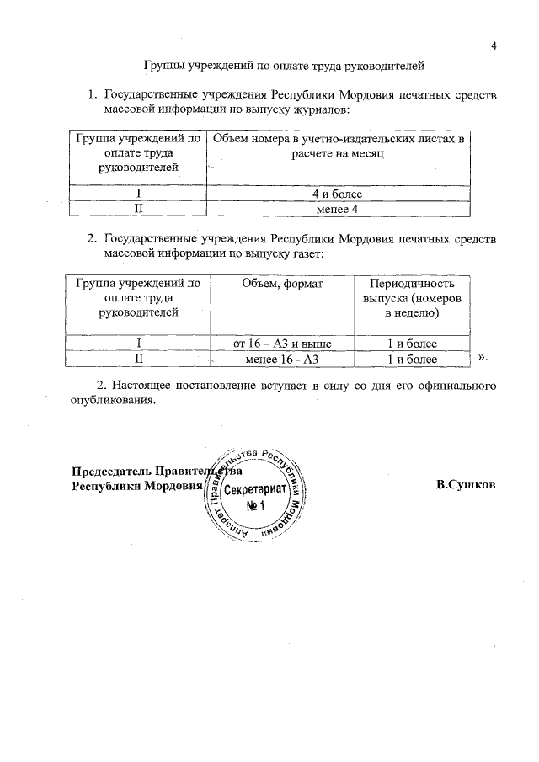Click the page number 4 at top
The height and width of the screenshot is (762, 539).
(x=494, y=45)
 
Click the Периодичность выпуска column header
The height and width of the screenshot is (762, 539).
(x=412, y=298)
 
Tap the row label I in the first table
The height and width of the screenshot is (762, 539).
(x=137, y=194)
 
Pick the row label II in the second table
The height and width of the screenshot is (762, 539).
(x=137, y=360)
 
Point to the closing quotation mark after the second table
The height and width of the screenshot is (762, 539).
(x=483, y=359)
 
